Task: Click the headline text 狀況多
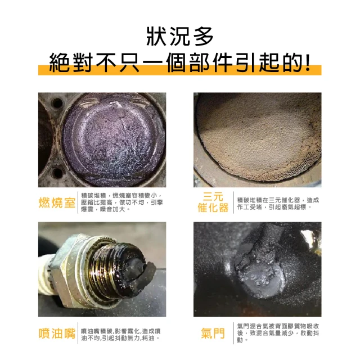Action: (x=180, y=37)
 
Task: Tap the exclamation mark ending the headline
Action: (x=308, y=62)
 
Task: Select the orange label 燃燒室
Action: (x=57, y=202)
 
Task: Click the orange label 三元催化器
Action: (x=213, y=202)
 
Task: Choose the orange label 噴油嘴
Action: (x=57, y=333)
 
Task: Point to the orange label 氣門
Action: (x=213, y=333)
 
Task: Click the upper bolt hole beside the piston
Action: (x=57, y=103)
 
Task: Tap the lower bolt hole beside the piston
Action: (x=57, y=173)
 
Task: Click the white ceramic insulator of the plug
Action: (x=45, y=276)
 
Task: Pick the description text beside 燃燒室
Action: (x=122, y=202)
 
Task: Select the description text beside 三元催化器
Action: (x=278, y=204)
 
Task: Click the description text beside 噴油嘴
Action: (x=121, y=335)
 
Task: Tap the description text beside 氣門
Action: (x=278, y=333)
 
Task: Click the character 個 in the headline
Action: (x=176, y=62)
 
